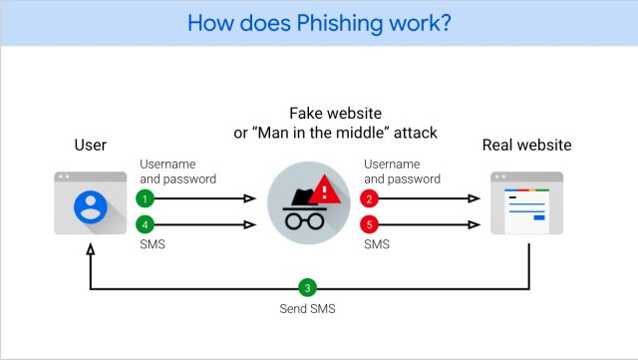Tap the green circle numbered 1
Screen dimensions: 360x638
(x=146, y=198)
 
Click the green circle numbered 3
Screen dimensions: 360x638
(x=308, y=288)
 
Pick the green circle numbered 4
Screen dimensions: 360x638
(x=146, y=224)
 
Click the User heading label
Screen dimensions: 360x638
(x=91, y=146)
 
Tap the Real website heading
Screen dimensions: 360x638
(x=526, y=146)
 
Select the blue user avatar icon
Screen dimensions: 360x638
(x=91, y=207)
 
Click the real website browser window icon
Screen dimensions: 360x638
(x=526, y=203)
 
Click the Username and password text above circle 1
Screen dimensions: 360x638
(x=177, y=172)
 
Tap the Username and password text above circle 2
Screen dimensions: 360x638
(x=402, y=172)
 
